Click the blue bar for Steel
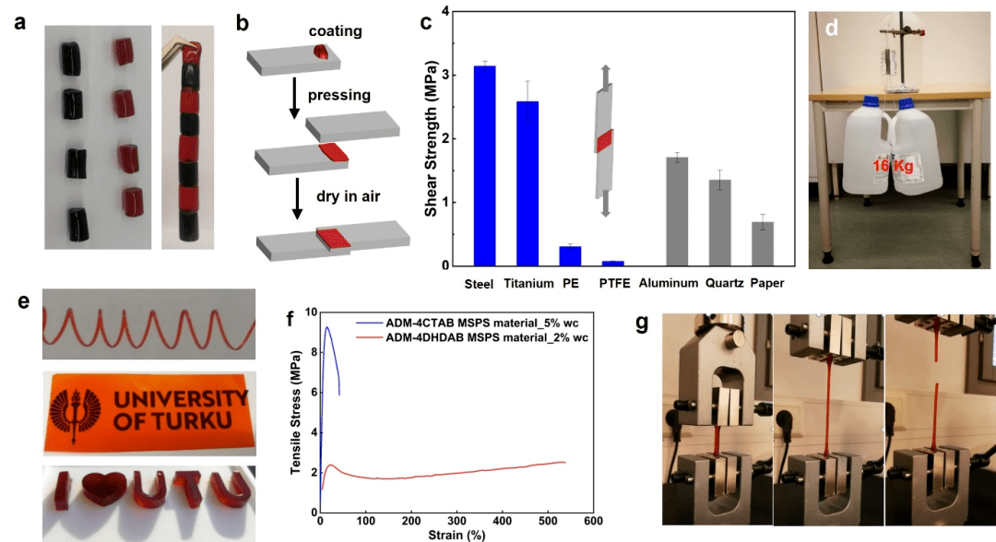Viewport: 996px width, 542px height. click(483, 166)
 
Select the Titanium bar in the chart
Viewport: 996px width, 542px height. click(528, 183)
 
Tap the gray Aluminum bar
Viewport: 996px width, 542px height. click(677, 212)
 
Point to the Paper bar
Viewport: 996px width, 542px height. click(761, 243)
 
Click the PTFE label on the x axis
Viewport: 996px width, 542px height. click(614, 283)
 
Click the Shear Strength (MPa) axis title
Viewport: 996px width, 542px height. click(431, 138)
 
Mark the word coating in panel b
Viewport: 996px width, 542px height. click(335, 31)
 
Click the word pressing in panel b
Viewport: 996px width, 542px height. click(339, 94)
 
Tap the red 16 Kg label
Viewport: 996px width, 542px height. click(892, 166)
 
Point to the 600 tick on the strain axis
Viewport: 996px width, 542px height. click(593, 522)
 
